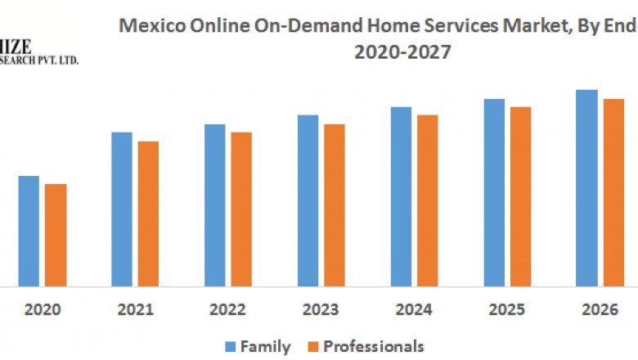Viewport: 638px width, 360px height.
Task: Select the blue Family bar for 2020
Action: pyautogui.click(x=29, y=231)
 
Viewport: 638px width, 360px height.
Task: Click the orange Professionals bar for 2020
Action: pyautogui.click(x=56, y=235)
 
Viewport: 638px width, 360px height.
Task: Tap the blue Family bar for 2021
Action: pyautogui.click(x=122, y=209)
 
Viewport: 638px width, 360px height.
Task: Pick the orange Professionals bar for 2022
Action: pyautogui.click(x=241, y=209)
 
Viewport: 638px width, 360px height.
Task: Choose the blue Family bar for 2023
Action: pyautogui.click(x=308, y=200)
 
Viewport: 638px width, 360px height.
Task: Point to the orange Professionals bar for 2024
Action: pyautogui.click(x=428, y=200)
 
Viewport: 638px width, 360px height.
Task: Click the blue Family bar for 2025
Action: pyautogui.click(x=494, y=192)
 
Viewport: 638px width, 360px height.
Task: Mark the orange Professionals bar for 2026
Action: pyautogui.click(x=613, y=192)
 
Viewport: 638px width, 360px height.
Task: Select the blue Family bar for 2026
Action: pyautogui.click(x=586, y=188)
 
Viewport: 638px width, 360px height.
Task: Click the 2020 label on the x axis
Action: pyautogui.click(x=43, y=310)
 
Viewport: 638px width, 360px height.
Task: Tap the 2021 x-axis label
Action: pyautogui.click(x=136, y=310)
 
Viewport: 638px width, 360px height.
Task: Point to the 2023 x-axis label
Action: pyautogui.click(x=321, y=310)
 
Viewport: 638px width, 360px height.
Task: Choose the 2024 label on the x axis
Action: pyautogui.click(x=415, y=310)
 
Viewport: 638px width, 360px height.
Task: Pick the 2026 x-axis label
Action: pyautogui.click(x=600, y=310)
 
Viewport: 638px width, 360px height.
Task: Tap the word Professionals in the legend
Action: pyautogui.click(x=374, y=346)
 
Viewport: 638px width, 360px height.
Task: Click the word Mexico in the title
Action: pyautogui.click(x=149, y=25)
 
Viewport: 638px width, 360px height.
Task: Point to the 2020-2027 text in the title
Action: pyautogui.click(x=402, y=52)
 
